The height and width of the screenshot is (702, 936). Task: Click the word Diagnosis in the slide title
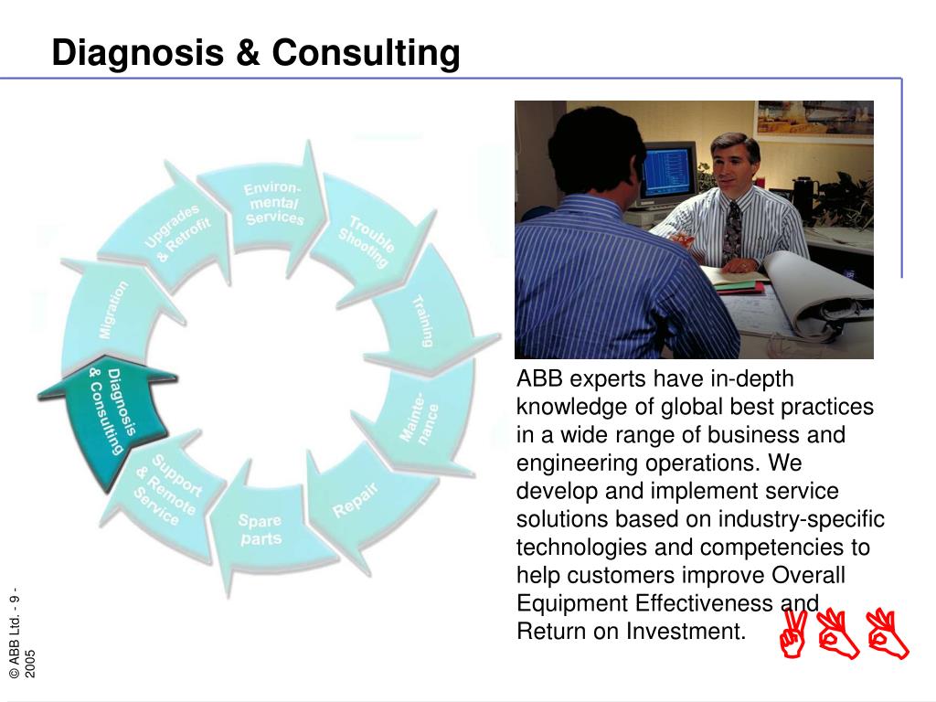(137, 52)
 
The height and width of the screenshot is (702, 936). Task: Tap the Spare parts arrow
(262, 528)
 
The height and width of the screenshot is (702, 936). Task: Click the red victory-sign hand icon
(794, 634)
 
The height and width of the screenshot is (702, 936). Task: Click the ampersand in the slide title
(248, 52)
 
